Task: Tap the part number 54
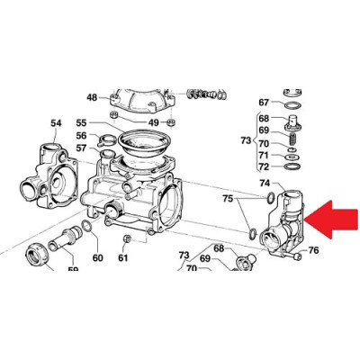pos(56,123)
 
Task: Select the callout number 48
pos(92,97)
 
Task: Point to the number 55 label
pos(81,122)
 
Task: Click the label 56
pos(81,136)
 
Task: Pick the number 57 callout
pos(81,148)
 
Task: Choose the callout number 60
pos(97,257)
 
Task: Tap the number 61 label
pos(123,257)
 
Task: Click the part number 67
pos(264,103)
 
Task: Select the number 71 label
pos(264,156)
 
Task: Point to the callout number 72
pos(264,166)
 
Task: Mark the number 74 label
pos(265,183)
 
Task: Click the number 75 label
pos(228,198)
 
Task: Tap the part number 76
pos(313,250)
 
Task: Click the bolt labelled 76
pos(292,256)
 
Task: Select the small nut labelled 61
pos(126,239)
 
